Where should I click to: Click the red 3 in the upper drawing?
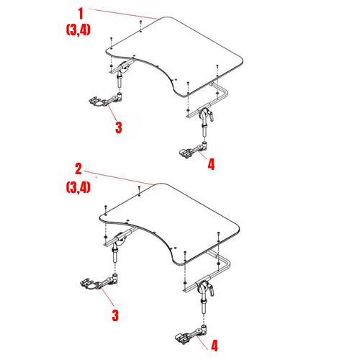(x=118, y=127)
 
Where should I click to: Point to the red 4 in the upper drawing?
(x=210, y=164)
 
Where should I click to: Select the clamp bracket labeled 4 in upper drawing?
(x=189, y=152)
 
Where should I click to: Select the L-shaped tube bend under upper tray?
(x=224, y=89)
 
